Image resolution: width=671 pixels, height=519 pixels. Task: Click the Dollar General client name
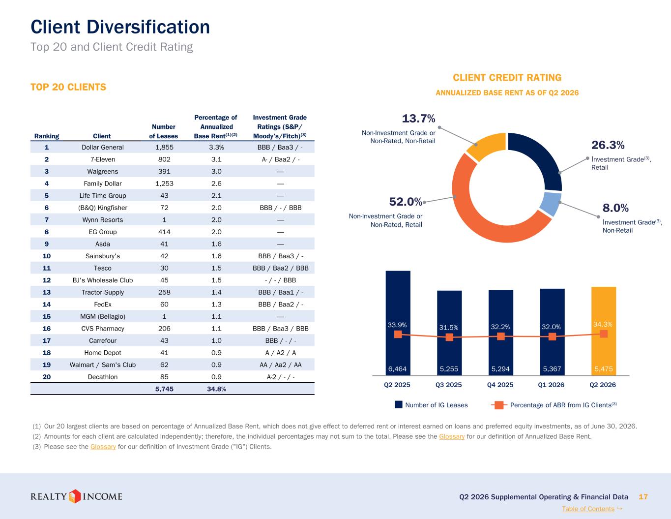103,148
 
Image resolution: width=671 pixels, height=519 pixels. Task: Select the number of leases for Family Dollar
164,183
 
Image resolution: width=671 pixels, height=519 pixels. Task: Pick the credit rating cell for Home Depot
280,353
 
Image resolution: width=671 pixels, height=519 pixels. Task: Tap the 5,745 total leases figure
164,389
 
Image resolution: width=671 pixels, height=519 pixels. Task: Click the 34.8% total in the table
216,389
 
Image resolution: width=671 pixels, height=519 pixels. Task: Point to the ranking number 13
47,292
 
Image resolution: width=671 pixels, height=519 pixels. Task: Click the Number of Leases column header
163,131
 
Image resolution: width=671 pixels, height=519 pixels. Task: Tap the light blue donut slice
551,204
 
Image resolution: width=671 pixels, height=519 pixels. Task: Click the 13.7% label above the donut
418,119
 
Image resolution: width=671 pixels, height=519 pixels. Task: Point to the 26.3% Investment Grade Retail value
608,145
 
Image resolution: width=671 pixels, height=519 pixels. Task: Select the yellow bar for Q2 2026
604,331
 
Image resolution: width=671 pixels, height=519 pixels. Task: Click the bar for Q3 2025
449,333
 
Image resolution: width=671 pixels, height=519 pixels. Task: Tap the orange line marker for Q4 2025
501,336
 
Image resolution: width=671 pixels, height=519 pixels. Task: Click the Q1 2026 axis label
551,385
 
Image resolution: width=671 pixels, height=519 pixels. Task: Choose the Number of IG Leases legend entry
431,405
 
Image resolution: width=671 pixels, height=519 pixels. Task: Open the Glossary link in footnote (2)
452,436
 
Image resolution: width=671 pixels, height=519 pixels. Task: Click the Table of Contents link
588,509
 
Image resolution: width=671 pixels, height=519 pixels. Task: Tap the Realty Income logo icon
74,496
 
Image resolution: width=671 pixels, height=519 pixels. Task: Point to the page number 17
643,496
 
